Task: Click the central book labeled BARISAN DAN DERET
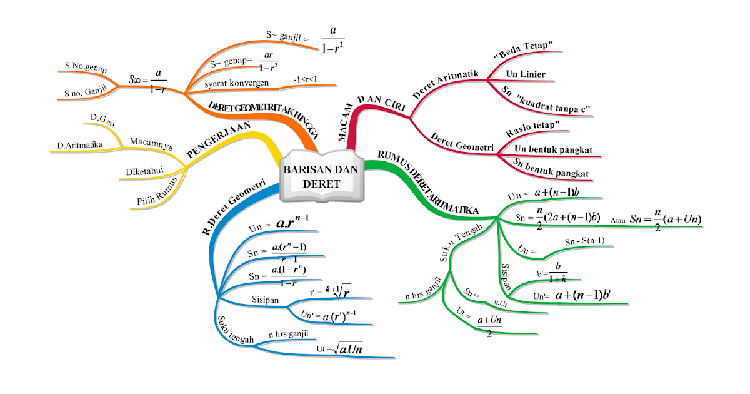[x=319, y=176]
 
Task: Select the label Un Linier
[x=526, y=74]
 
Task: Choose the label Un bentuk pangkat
[x=553, y=150]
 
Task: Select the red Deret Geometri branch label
[x=462, y=143]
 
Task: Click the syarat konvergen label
[x=237, y=83]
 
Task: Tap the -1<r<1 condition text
[x=306, y=80]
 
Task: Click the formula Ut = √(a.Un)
[x=340, y=348]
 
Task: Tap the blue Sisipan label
[x=266, y=299]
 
